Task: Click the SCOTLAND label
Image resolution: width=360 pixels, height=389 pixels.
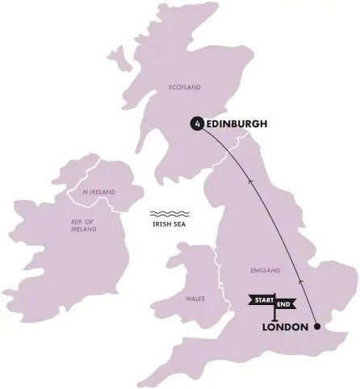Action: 183,86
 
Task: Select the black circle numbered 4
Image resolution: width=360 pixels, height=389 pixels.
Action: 195,123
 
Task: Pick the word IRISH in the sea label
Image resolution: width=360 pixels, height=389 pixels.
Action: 157,225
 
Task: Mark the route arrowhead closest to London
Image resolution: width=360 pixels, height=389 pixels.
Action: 301,280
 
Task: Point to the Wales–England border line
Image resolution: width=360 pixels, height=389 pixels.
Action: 216,274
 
